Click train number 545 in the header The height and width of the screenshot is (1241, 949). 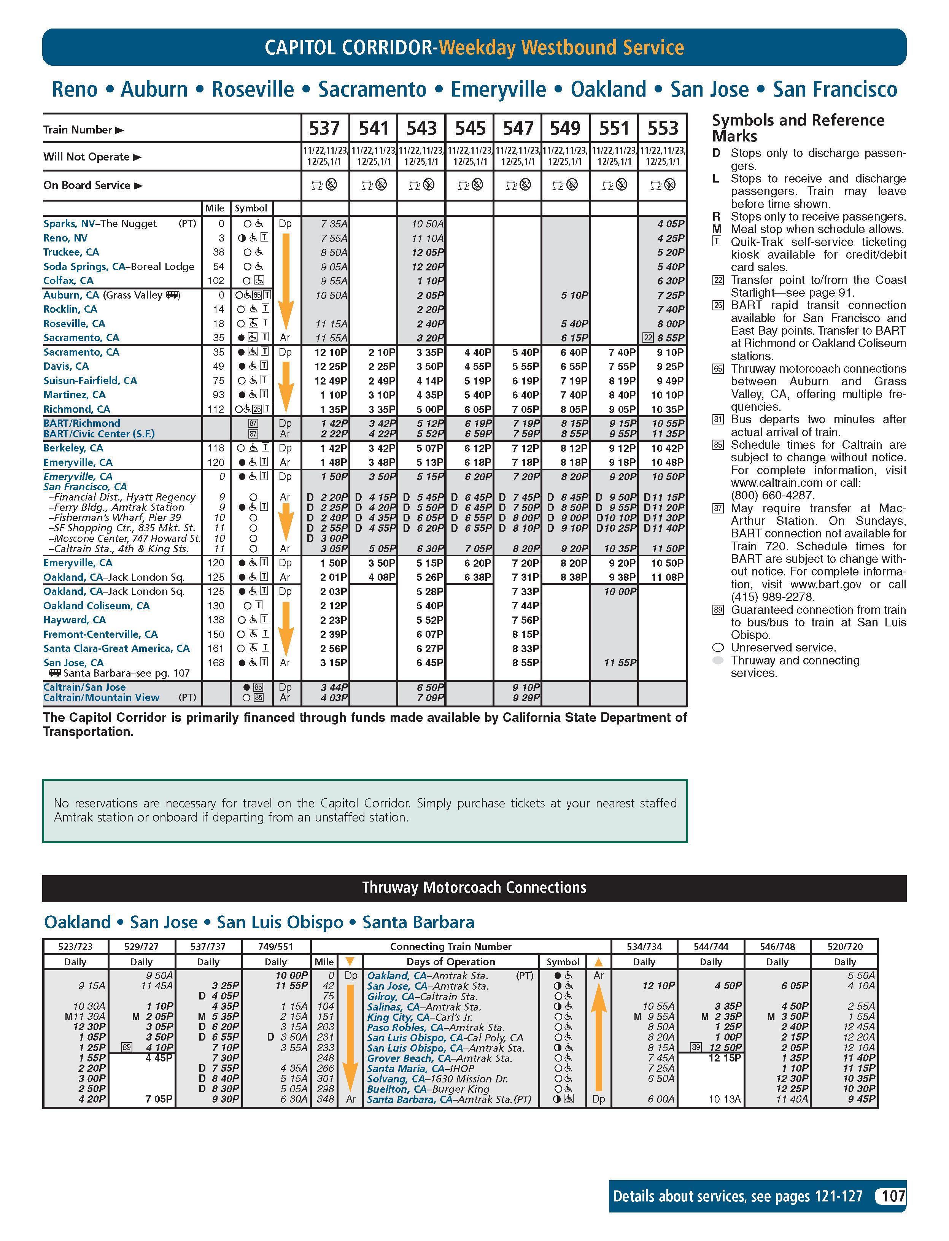point(470,129)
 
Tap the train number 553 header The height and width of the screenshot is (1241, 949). point(663,129)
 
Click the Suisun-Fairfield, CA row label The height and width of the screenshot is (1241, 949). point(91,380)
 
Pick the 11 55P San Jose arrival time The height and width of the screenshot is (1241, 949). point(620,663)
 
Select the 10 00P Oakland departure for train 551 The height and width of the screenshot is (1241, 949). point(620,591)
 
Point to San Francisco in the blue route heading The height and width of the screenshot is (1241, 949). point(835,89)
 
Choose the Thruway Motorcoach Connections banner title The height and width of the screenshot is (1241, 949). point(474,887)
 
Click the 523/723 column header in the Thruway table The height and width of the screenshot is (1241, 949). point(75,947)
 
